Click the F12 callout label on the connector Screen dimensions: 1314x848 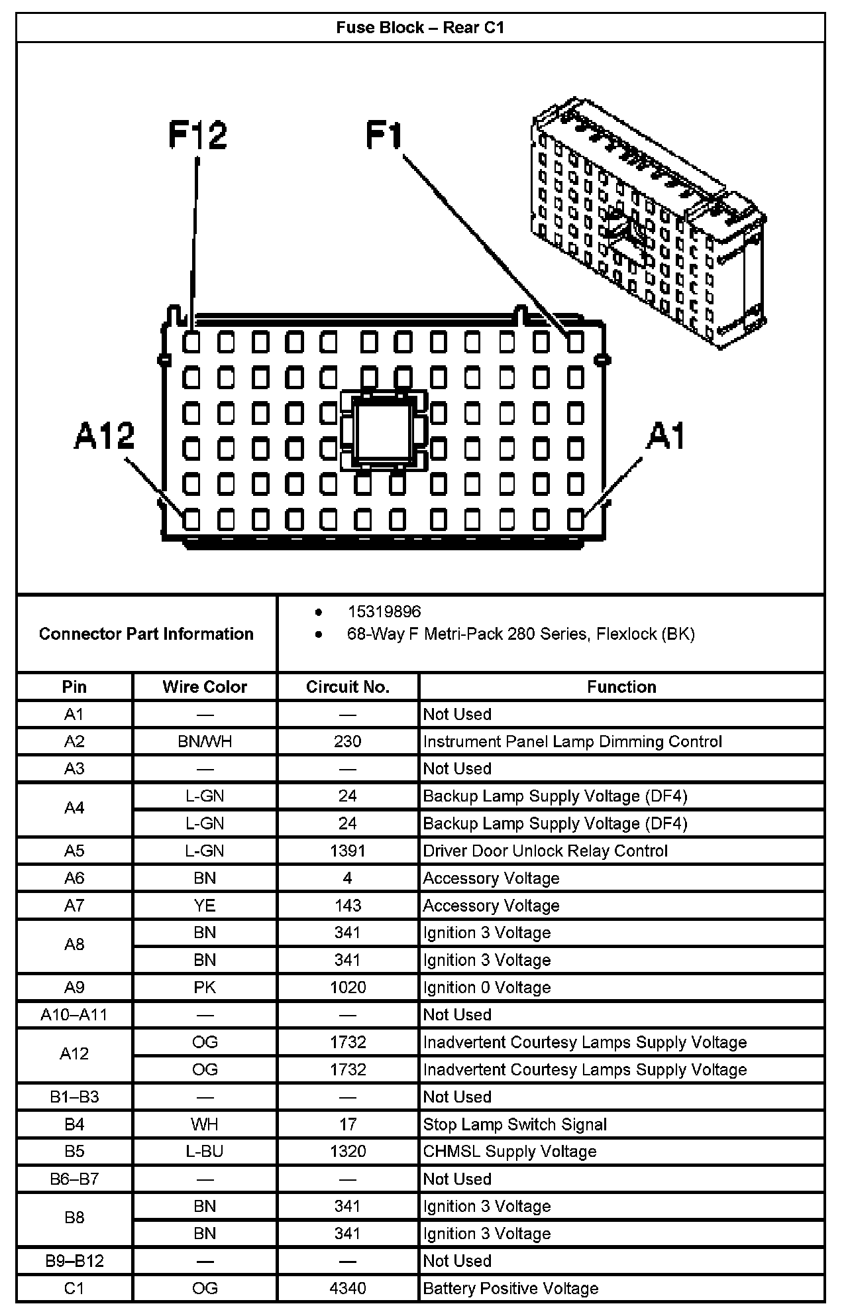pyautogui.click(x=197, y=135)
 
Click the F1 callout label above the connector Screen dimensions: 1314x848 pyautogui.click(x=384, y=135)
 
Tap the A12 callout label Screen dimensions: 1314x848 pyautogui.click(x=104, y=436)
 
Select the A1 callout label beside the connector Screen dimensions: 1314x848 pyautogui.click(x=666, y=436)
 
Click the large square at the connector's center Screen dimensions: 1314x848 pyautogui.click(x=383, y=429)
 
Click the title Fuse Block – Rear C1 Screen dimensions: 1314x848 pyautogui.click(x=420, y=27)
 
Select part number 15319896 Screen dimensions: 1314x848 pyautogui.click(x=384, y=611)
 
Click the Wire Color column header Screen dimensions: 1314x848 pyautogui.click(x=205, y=687)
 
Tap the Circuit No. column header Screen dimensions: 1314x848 pyautogui.click(x=348, y=687)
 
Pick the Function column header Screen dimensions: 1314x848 pyautogui.click(x=621, y=687)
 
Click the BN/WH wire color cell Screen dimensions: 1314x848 pyautogui.click(x=205, y=741)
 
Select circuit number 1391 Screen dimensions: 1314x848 pyautogui.click(x=348, y=851)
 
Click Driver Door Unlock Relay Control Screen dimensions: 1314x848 pyautogui.click(x=545, y=851)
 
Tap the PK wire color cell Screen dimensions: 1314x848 pyautogui.click(x=205, y=987)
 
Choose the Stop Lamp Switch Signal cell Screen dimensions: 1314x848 pyautogui.click(x=515, y=1124)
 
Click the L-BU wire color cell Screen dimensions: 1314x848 pyautogui.click(x=205, y=1152)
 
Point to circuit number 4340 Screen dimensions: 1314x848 pyautogui.click(x=348, y=1288)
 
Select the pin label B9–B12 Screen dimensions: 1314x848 pyautogui.click(x=74, y=1260)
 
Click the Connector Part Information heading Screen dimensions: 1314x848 pyautogui.click(x=146, y=634)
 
